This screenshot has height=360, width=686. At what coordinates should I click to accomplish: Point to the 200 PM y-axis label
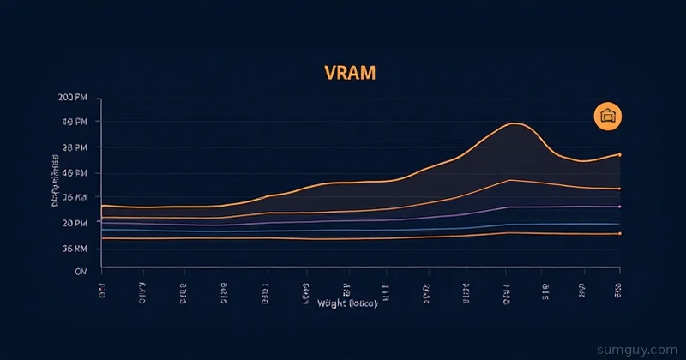click(x=73, y=98)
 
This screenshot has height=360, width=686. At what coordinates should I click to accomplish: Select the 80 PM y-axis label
click(x=75, y=123)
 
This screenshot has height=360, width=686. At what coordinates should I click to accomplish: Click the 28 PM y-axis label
click(x=75, y=147)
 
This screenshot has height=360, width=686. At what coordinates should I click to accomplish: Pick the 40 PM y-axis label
click(x=75, y=173)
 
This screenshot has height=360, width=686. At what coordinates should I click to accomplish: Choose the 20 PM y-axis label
click(x=75, y=223)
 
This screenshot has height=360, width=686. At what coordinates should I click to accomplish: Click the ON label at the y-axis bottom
click(x=81, y=271)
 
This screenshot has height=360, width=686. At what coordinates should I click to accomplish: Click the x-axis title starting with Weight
click(x=346, y=303)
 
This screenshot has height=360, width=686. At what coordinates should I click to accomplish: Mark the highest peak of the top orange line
click(x=513, y=123)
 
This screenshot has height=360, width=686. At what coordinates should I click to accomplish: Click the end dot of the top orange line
click(x=619, y=154)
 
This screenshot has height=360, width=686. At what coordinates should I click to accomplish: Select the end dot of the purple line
click(x=619, y=207)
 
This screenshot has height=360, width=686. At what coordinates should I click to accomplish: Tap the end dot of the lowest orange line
click(x=619, y=233)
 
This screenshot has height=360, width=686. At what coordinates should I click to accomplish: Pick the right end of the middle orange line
click(x=619, y=189)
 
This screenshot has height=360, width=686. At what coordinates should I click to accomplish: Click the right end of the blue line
click(x=619, y=224)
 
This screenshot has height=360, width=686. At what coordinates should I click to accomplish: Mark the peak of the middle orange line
click(x=510, y=180)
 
